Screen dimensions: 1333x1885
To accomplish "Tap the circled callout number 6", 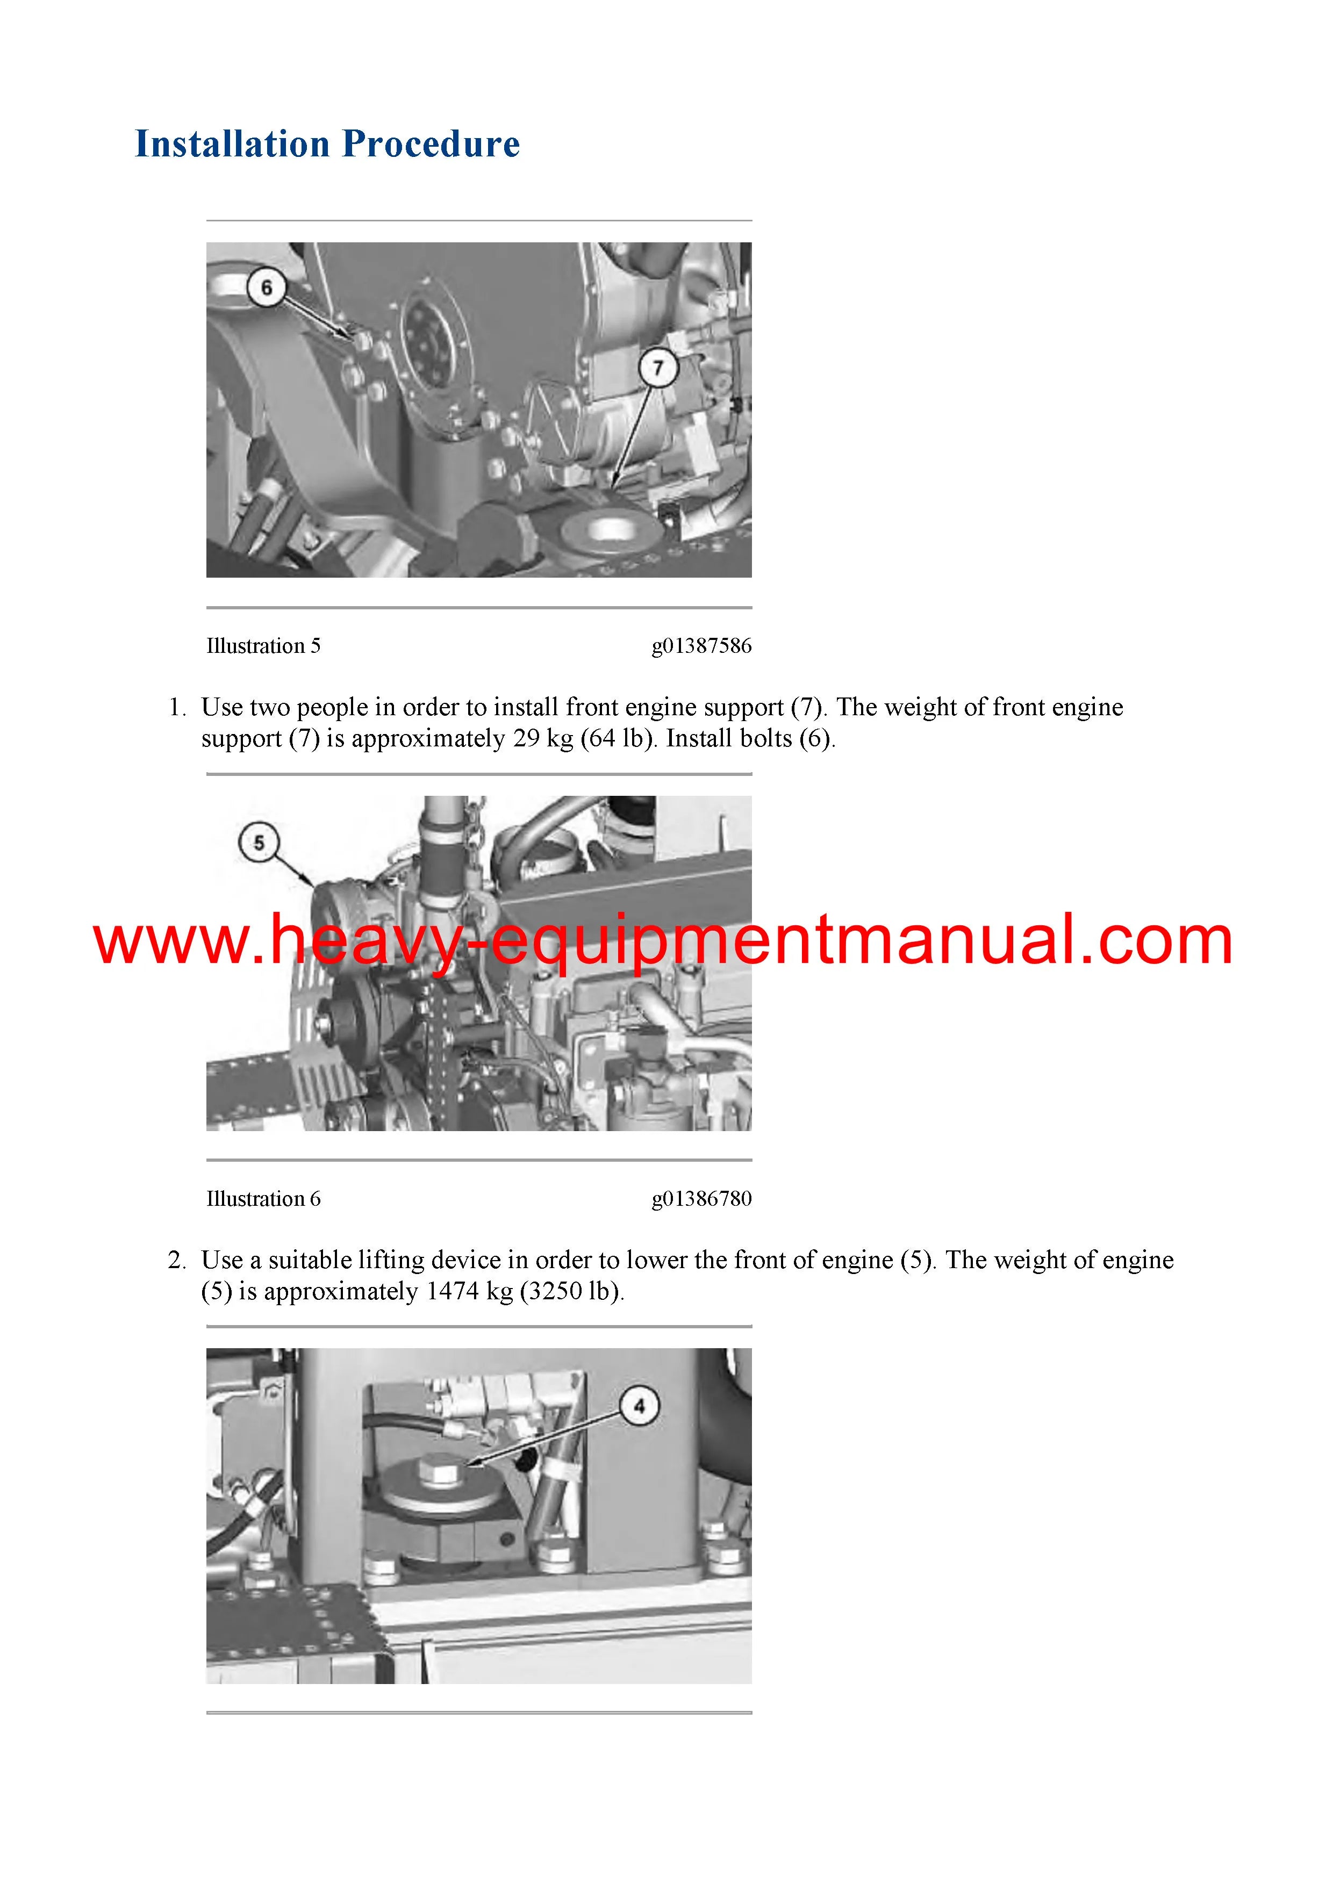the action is click(266, 287).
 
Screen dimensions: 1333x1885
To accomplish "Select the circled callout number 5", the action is click(259, 843).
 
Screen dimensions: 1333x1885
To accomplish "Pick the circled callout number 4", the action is click(639, 1406).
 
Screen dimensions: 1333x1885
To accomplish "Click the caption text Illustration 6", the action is click(263, 1199).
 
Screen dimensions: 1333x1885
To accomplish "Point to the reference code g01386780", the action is click(701, 1199).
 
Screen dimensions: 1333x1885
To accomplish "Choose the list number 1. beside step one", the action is click(178, 707).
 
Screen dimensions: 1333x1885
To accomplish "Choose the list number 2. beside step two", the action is click(178, 1260).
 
